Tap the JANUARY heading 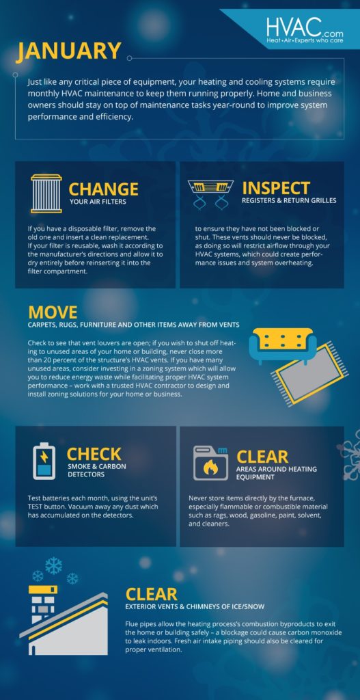(x=69, y=51)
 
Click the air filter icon (x=46, y=193)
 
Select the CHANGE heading (x=103, y=189)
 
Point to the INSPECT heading (x=275, y=188)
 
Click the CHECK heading (x=94, y=454)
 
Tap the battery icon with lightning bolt (x=44, y=461)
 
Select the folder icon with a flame (x=210, y=463)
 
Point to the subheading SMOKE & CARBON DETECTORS (x=96, y=471)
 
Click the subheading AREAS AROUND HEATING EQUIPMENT (x=276, y=474)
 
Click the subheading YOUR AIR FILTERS (x=98, y=202)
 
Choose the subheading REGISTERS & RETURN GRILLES (x=289, y=201)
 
